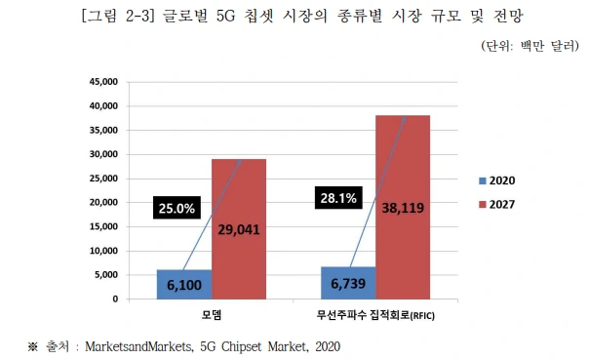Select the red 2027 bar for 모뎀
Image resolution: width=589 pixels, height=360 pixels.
[239, 195]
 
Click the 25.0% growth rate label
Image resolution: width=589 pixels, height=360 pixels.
[176, 208]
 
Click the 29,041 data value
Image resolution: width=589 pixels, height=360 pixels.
[239, 230]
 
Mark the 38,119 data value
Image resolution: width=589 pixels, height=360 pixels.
[404, 208]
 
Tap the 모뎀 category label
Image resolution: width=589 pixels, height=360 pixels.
[211, 315]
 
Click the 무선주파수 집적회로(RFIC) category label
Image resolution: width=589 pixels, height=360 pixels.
[374, 315]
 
